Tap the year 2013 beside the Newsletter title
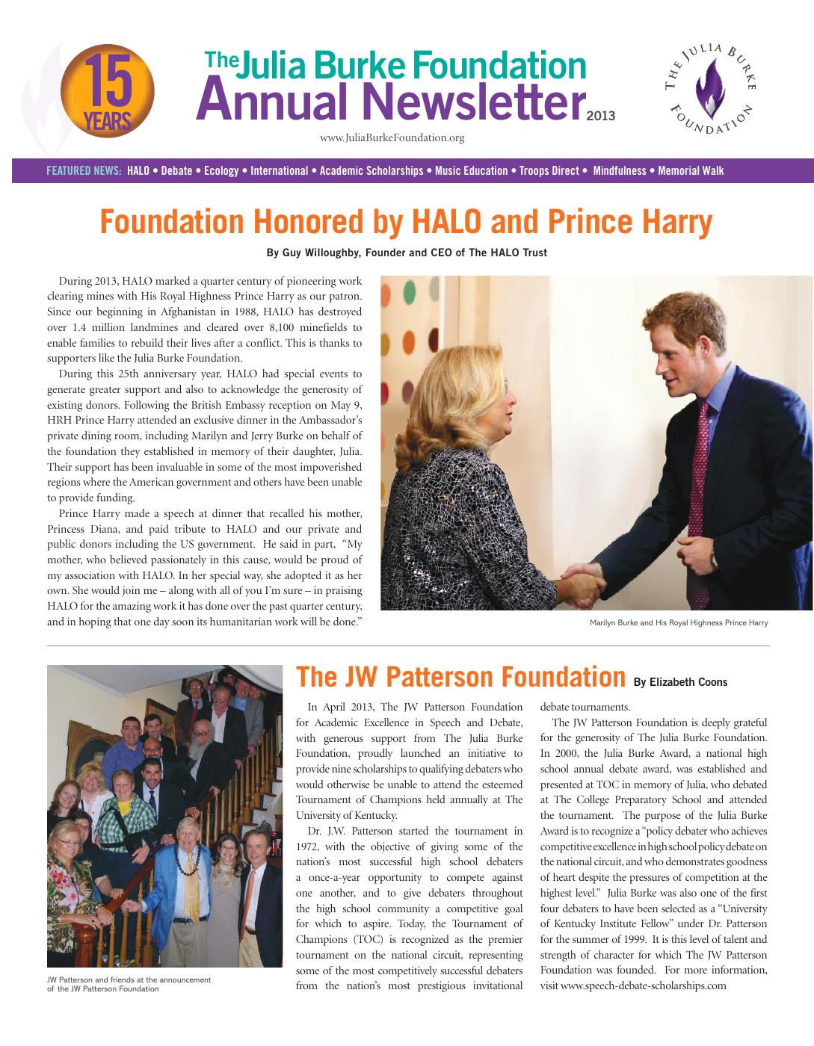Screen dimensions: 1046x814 pos(601,117)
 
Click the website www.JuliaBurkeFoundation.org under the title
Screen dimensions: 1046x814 pos(392,137)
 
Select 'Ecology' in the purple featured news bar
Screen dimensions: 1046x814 pos(221,171)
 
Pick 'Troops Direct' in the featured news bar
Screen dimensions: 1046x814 pos(549,171)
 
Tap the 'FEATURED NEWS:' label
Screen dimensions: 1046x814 pos(84,171)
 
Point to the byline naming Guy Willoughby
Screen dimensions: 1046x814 pos(407,253)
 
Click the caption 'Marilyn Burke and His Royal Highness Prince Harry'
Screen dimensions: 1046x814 pos(678,622)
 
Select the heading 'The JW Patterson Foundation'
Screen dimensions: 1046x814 pos(460,677)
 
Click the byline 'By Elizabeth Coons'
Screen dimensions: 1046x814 pos(680,682)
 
